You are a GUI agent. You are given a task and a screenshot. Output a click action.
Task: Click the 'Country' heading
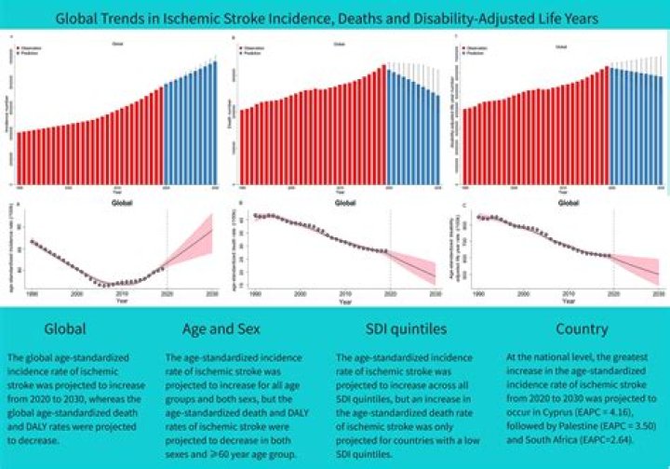click(x=583, y=328)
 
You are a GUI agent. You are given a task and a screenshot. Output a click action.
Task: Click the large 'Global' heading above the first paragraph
click(x=65, y=328)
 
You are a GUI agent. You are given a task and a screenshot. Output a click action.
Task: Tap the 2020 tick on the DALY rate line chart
click(x=613, y=295)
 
